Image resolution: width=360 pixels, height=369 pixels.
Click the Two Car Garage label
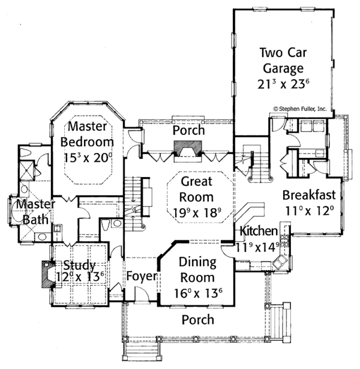(x=281, y=59)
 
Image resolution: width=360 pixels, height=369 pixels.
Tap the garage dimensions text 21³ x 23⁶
(x=281, y=84)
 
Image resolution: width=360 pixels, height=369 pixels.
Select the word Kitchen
(x=259, y=231)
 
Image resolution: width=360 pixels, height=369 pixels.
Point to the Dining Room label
(x=197, y=270)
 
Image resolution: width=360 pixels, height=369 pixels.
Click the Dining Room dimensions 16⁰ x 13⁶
(x=197, y=293)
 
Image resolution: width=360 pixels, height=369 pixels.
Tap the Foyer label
(x=142, y=277)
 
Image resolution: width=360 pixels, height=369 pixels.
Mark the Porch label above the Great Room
(x=188, y=130)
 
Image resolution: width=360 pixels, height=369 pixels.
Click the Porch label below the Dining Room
(x=197, y=320)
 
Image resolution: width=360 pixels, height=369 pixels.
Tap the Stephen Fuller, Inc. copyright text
(x=300, y=109)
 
